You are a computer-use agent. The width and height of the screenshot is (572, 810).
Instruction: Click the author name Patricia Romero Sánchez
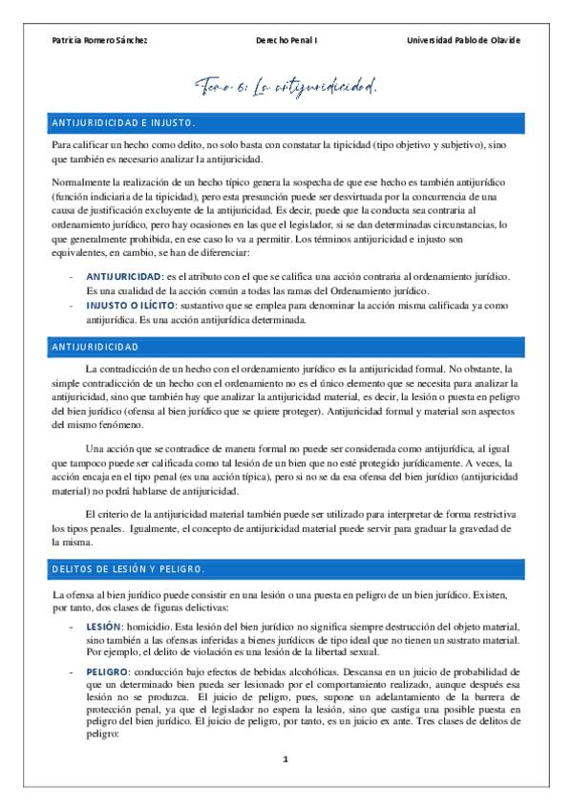coord(99,40)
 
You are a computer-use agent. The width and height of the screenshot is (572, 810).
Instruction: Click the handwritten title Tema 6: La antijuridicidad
coord(286,87)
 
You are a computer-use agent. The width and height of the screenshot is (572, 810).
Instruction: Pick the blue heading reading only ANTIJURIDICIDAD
coord(99,346)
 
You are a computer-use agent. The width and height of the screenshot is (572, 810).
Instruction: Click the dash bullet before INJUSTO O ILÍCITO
coord(73,306)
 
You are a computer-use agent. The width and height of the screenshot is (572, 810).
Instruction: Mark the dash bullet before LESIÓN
coord(73,628)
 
